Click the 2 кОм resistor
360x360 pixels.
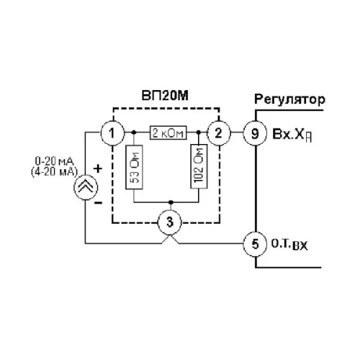coord(168,132)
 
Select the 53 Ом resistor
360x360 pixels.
coord(134,167)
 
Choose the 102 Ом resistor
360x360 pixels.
coord(199,166)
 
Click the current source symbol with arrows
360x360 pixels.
coord(86,187)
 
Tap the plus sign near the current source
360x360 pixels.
coord(98,168)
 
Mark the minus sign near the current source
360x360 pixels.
coord(98,203)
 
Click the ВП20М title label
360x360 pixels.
coord(165,96)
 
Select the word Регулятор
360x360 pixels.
coord(289,99)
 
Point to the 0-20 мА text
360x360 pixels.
coord(55,161)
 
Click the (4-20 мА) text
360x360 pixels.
coord(55,172)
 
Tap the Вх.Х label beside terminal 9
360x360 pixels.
coord(292,135)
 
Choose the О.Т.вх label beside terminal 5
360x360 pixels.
coord(289,245)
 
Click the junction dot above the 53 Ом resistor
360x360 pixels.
coord(134,132)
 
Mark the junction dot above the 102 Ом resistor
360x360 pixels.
coord(199,132)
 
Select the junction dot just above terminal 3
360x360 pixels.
coord(171,202)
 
